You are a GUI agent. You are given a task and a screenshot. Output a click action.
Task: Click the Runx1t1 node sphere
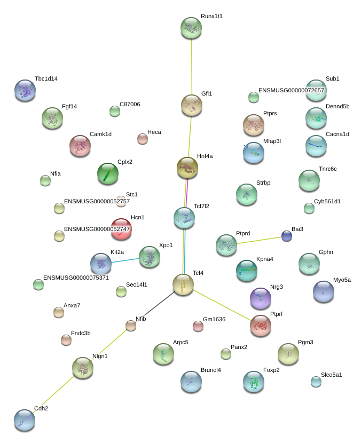click(191, 28)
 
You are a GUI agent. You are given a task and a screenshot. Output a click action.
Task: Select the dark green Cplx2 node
click(108, 173)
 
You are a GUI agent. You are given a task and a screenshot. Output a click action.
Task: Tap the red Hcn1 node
click(121, 229)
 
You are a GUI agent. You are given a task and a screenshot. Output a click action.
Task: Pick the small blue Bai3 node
click(287, 236)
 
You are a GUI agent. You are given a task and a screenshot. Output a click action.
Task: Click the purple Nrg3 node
click(261, 298)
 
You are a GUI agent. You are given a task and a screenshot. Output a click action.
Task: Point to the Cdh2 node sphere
click(25, 420)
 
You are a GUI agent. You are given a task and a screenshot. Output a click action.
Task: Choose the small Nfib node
click(131, 326)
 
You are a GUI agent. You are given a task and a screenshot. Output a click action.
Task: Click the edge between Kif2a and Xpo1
click(125, 260)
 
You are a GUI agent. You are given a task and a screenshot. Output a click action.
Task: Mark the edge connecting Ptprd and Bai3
click(260, 240)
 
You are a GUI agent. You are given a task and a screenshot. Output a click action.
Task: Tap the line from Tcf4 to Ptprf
click(222, 305)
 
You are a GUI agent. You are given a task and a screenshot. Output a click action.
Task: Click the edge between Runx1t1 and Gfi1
click(192, 67)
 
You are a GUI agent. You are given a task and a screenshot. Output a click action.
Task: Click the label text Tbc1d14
click(46, 79)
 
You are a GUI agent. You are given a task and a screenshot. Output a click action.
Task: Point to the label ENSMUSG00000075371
click(76, 278)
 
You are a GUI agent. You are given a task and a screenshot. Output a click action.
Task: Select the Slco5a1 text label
click(332, 375)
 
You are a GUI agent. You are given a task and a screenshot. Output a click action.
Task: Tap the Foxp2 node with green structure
click(254, 382)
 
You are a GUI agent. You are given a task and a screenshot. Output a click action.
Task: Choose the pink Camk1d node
click(80, 146)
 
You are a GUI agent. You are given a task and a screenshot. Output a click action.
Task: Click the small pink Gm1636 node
click(198, 326)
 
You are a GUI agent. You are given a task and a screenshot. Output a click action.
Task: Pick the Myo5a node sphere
click(323, 291)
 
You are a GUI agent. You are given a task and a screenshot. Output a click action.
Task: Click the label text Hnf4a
click(205, 156)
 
